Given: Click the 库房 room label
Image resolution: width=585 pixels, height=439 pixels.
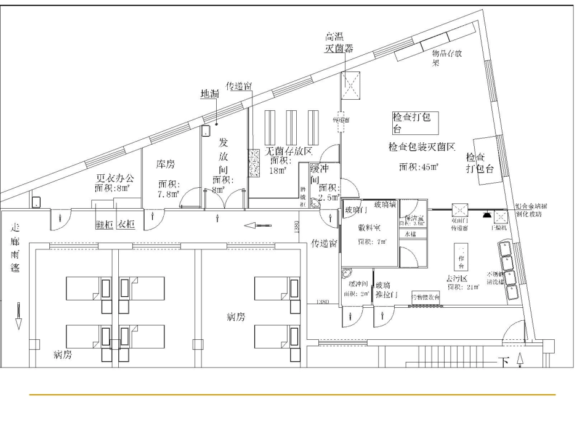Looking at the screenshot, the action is click(x=166, y=164).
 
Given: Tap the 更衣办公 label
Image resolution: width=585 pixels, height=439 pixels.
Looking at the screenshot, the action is click(x=114, y=179).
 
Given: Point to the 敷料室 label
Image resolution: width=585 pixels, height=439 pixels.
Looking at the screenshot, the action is click(x=372, y=227).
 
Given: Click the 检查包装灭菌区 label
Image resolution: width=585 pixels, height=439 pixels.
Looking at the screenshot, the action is click(x=421, y=147).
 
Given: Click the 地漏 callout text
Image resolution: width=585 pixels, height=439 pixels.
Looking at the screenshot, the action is click(x=210, y=94).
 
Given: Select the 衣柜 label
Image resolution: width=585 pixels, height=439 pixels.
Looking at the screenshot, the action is click(x=126, y=225).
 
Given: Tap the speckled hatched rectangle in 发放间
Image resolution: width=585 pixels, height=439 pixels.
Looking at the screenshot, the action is click(x=254, y=164).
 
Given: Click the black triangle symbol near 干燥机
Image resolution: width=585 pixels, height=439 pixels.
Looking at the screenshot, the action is click(x=486, y=215).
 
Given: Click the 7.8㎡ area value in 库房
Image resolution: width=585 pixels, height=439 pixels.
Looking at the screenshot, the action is click(x=168, y=193).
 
